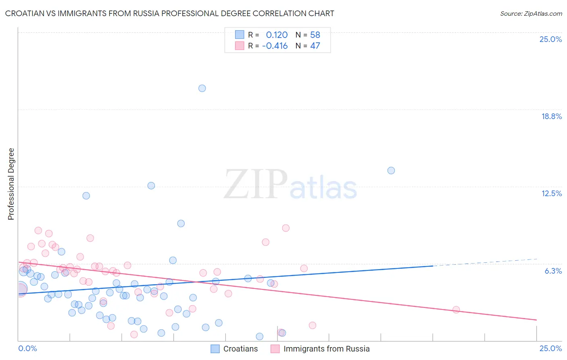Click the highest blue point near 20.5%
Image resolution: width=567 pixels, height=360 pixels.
tap(202, 88)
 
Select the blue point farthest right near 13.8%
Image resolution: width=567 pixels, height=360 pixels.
tap(391, 170)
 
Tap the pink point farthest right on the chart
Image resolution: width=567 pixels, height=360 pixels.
tap(456, 310)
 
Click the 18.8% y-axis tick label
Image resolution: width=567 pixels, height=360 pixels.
tap(551, 116)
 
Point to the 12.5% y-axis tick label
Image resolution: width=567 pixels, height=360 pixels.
tap(551, 193)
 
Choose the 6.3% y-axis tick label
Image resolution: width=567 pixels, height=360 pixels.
tap(553, 271)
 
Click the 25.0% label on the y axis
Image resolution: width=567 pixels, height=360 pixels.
tap(550, 39)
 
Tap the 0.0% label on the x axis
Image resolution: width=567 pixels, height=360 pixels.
tap(27, 348)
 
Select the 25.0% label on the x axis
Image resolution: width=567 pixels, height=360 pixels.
tap(550, 348)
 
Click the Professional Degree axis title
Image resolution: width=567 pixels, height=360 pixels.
tap(11, 184)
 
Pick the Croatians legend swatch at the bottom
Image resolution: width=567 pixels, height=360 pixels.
tap(215, 349)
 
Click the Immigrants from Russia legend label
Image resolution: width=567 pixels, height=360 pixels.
tap(326, 349)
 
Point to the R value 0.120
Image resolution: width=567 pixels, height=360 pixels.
tap(277, 35)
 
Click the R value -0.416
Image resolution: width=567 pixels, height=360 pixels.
tap(275, 46)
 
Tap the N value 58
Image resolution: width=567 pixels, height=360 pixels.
tap(315, 35)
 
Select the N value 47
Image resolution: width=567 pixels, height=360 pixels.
tap(315, 46)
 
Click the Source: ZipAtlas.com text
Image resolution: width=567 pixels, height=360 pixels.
tap(531, 13)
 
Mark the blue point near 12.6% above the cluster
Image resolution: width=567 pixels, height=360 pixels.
tap(151, 186)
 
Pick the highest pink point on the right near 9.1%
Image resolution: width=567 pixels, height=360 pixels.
tap(286, 228)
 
